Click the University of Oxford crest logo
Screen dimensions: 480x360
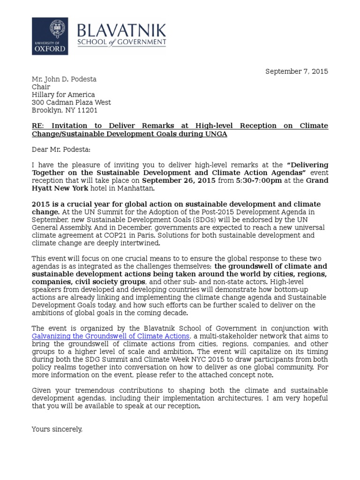[x=50, y=30]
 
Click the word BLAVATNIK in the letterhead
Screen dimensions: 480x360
[x=121, y=31]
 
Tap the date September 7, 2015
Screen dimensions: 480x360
[x=297, y=71]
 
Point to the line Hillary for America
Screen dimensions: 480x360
[x=63, y=95]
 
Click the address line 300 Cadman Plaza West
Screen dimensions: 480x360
[x=71, y=102]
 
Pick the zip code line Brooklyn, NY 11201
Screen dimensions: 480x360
[x=65, y=110]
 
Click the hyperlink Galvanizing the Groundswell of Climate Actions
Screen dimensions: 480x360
[x=111, y=336]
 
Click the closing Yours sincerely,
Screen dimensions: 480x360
[x=57, y=429]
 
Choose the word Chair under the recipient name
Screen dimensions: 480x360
[x=41, y=87]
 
